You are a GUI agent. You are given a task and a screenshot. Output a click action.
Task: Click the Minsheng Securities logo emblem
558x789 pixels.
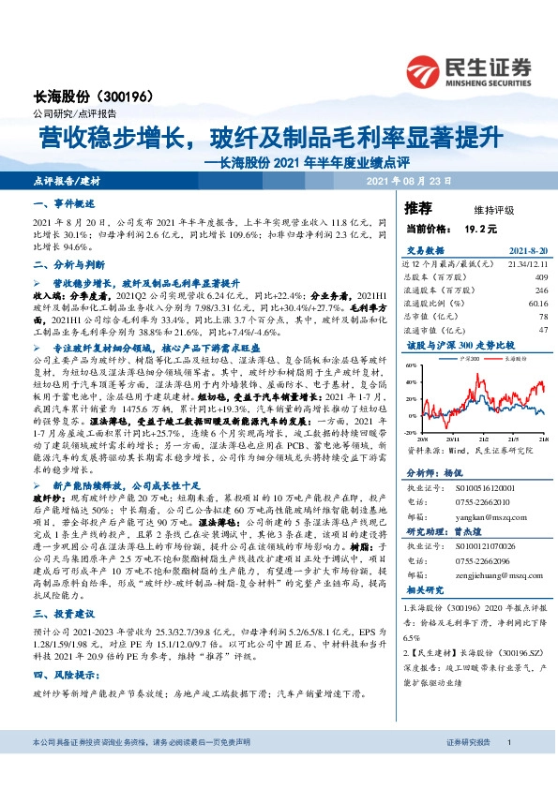(425, 67)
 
